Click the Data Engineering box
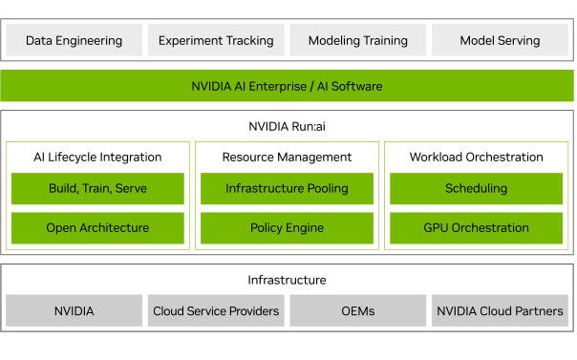click(74, 40)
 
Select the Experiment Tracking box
click(216, 40)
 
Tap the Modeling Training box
click(358, 40)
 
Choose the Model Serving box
click(500, 40)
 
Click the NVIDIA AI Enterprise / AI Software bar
click(287, 86)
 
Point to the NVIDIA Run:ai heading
click(287, 126)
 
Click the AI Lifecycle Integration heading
click(97, 157)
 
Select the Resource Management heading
click(287, 157)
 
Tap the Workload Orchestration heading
click(476, 157)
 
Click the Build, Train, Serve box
click(97, 188)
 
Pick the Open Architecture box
click(97, 228)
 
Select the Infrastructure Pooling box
click(287, 188)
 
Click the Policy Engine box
click(287, 228)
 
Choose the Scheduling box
click(476, 188)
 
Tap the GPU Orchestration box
click(476, 228)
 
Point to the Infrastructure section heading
click(287, 280)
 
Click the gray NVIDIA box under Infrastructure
click(74, 310)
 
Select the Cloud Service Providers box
click(216, 310)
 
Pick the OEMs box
click(358, 310)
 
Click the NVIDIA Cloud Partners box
click(500, 310)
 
